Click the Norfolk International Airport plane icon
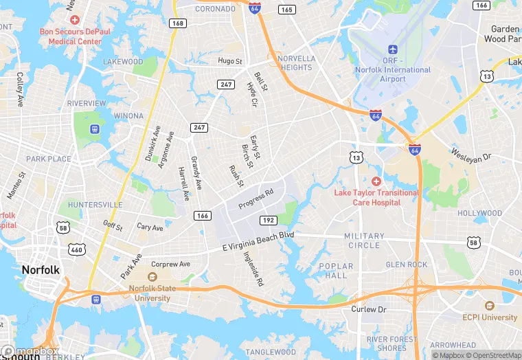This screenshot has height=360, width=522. click(393, 50)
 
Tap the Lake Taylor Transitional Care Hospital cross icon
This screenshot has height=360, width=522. click(376, 181)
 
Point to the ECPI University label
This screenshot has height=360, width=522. click(490, 317)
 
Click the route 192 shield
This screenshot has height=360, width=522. click(269, 220)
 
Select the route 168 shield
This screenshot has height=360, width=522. click(178, 23)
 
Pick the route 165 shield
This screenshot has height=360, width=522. click(287, 10)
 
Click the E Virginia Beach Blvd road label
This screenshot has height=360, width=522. click(258, 241)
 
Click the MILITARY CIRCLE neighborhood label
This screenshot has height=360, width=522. click(364, 240)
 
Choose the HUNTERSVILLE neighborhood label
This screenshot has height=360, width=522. click(95, 205)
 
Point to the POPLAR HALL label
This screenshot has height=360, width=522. click(337, 271)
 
